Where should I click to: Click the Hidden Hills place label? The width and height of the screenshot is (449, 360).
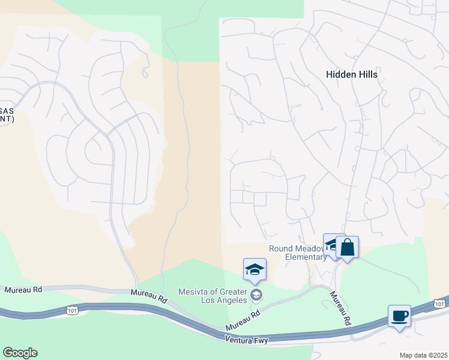click(x=351, y=74)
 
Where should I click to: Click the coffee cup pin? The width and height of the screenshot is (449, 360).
click(x=400, y=316)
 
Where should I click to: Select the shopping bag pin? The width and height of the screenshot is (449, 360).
click(x=348, y=247)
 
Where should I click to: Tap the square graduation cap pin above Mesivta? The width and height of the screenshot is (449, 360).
click(x=255, y=269)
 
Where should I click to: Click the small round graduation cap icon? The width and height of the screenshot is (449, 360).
click(x=256, y=294)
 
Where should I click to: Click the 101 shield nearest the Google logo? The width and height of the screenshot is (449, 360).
click(x=73, y=310)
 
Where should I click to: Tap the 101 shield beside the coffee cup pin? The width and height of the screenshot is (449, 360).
click(x=439, y=303)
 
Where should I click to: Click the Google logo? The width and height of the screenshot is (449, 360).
click(x=20, y=352)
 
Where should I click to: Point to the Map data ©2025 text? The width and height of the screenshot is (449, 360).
click(x=423, y=355)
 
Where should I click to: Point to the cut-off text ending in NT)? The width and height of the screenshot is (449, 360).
click(x=7, y=119)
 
